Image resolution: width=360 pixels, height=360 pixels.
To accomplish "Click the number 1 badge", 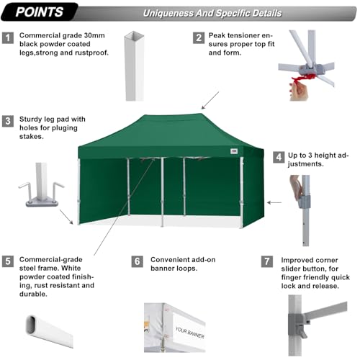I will pos(8,37).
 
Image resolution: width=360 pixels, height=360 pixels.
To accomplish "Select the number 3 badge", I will pos(8,121).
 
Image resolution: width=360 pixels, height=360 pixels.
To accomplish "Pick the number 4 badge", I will pos(278,156).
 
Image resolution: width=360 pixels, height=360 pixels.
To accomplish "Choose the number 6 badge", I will pos(138,261).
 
